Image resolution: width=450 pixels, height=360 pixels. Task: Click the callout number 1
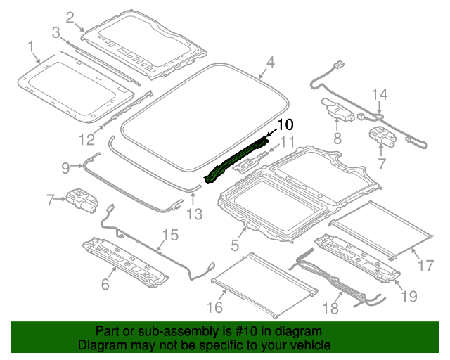(x=31, y=47)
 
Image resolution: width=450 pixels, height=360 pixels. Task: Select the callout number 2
(x=70, y=18)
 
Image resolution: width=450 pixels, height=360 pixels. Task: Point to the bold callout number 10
(x=284, y=125)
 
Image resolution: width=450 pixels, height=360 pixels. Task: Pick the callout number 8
(x=337, y=139)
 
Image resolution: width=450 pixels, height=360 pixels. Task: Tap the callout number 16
(x=215, y=307)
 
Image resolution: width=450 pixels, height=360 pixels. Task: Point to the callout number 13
(x=196, y=213)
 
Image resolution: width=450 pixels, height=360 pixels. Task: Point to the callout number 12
(x=85, y=138)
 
